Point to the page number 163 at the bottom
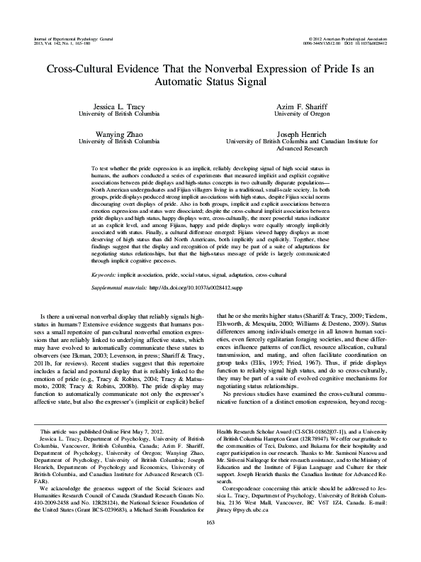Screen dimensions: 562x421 point(210,543)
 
